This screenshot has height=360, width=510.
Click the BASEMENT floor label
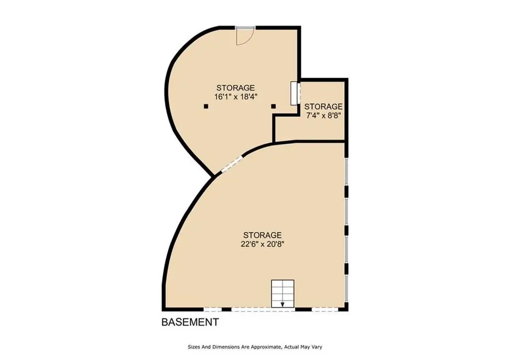[x=190, y=322]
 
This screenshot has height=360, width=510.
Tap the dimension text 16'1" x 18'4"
[x=236, y=97]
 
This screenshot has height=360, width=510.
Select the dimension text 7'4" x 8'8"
[x=323, y=116]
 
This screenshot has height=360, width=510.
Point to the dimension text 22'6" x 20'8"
[x=262, y=244]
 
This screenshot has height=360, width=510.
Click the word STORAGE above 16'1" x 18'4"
[x=236, y=88]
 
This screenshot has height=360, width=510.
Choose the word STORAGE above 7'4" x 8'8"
[x=323, y=107]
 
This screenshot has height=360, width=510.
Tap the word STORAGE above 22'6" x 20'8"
[x=262, y=235]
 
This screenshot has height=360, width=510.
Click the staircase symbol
[x=283, y=294]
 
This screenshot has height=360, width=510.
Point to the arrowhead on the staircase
[x=283, y=305]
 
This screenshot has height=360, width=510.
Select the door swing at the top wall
[x=245, y=36]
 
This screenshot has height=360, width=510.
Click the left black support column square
[x=206, y=107]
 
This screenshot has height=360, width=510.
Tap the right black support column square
[x=273, y=107]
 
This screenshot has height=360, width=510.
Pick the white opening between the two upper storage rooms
[x=294, y=93]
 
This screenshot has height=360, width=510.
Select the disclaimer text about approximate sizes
[x=255, y=347]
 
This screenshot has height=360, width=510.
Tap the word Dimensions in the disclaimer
[x=226, y=347]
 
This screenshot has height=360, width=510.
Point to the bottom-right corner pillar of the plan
[x=346, y=307]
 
